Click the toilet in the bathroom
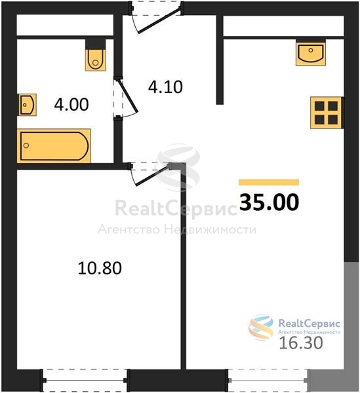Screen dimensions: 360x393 (95, 60)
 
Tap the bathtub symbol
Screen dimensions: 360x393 (54, 146)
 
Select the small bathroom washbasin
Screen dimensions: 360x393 (28, 105)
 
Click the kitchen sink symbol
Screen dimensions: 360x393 (311, 54)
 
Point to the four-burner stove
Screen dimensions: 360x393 (326, 113)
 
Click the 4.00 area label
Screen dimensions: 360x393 (71, 105)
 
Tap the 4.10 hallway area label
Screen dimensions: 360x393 (165, 87)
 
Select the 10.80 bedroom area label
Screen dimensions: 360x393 (100, 268)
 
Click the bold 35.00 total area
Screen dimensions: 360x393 (270, 202)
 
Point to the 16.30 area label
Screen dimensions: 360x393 (301, 343)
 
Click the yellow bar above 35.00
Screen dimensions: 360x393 (269, 182)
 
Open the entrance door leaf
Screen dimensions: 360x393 (159, 20)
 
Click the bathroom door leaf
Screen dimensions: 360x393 (127, 96)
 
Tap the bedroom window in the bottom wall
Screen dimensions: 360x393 (85, 380)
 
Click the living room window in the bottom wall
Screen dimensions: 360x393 (268, 380)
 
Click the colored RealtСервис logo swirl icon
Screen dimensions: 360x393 (261, 327)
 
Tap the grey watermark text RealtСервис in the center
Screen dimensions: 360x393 (176, 208)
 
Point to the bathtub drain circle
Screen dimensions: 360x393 (26, 145)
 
